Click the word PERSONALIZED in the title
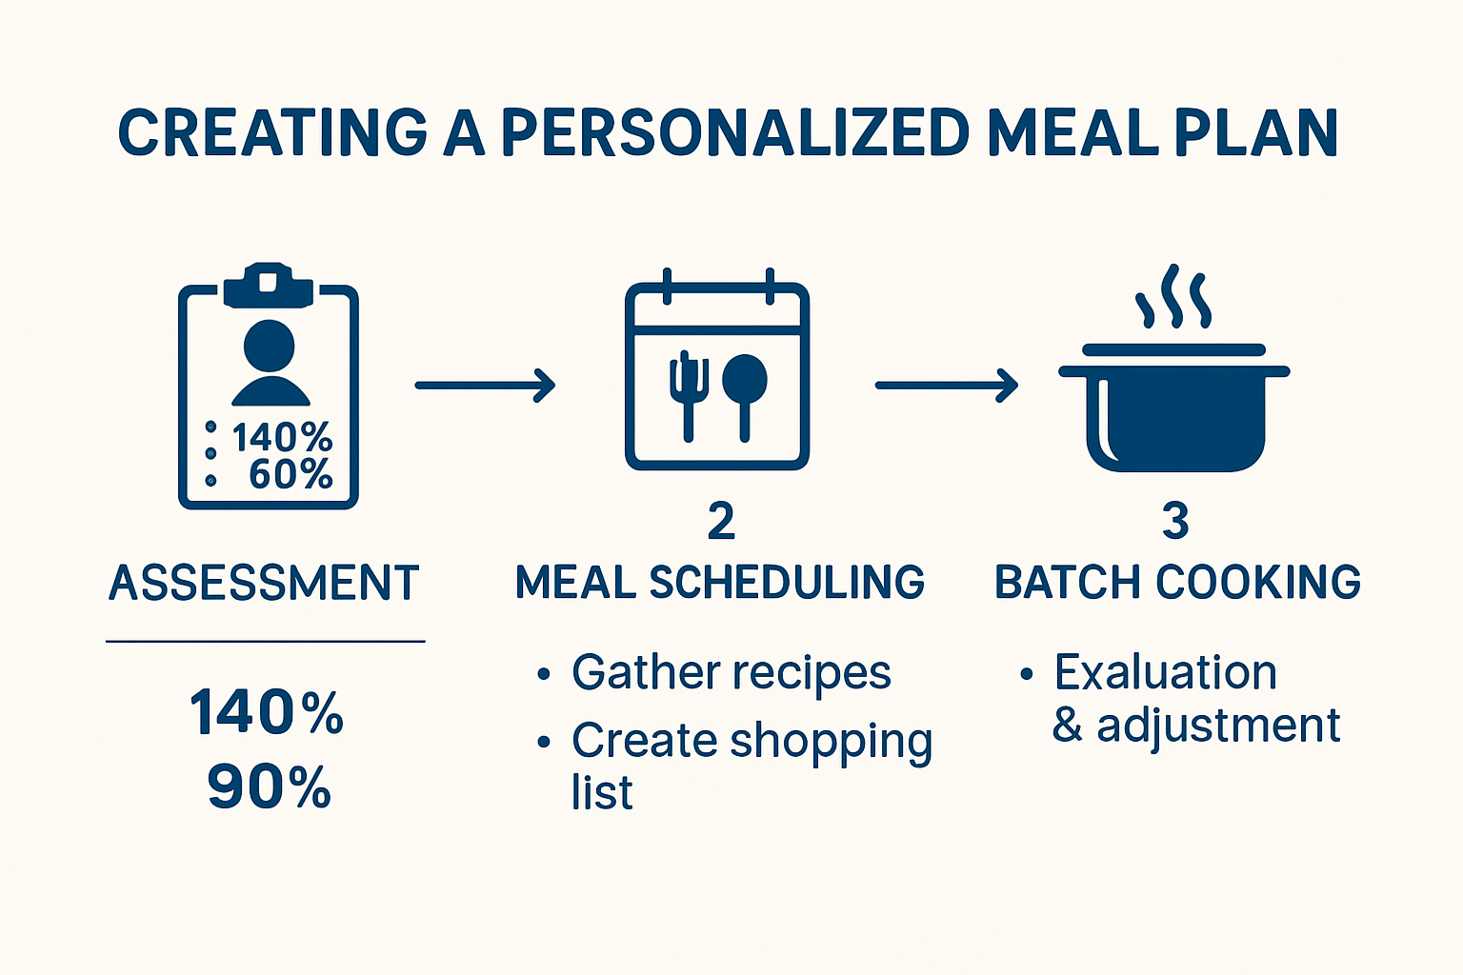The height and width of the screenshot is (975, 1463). pos(734,133)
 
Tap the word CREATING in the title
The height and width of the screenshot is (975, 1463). pos(272,133)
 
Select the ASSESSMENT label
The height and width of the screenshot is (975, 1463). pos(264,583)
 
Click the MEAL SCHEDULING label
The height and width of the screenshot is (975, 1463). pos(720,583)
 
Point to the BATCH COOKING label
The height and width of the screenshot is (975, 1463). pos(1177,583)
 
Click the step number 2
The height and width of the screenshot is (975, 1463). pos(721,522)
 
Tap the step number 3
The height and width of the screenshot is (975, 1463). pos(1176,522)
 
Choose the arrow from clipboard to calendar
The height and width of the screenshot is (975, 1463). pos(485,385)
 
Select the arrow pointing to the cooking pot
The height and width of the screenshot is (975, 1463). pos(946,385)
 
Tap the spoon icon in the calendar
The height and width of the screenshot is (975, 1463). pos(745,390)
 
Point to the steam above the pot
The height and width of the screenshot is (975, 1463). pos(1172,298)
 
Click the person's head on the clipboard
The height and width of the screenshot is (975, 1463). pos(270,345)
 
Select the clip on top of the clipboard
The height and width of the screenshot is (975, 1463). pos(268,284)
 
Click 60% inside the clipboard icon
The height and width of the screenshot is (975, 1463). pos(291,474)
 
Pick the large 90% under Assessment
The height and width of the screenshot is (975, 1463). pos(269,788)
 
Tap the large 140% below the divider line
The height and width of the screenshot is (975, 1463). pos(267,713)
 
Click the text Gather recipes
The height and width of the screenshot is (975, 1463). pos(731,673)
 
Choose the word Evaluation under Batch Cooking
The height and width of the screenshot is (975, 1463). pos(1165,673)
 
